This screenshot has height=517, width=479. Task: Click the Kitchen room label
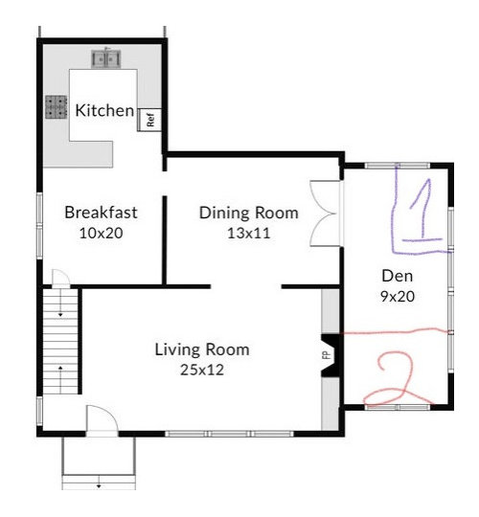pos(105,110)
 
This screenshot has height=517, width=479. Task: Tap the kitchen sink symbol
pos(106,59)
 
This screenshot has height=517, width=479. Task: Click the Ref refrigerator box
pos(150,120)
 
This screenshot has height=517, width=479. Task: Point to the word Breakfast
pos(94,213)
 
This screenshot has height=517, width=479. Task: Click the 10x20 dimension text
pos(94,233)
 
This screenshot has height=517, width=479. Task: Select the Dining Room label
pos(248,213)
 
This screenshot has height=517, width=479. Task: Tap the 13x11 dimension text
pos(248,233)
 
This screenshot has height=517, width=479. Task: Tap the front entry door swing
pos(100,419)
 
